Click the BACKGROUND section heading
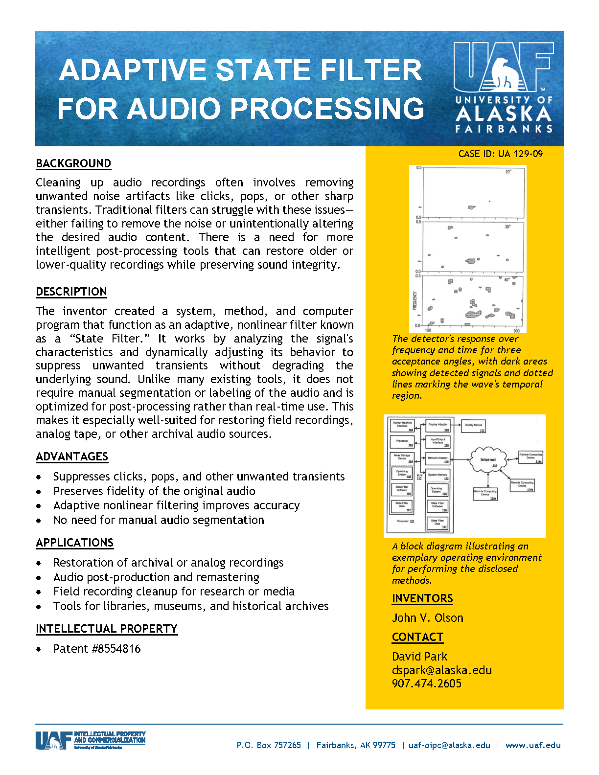73,163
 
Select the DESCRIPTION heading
71,292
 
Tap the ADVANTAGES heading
72,456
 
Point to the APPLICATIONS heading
74,543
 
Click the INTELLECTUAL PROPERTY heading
106,629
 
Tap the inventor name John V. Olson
427,618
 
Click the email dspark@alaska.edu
441,670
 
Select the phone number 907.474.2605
426,684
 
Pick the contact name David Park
419,657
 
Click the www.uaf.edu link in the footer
533,745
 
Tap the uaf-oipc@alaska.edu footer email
449,745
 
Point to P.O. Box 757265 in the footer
269,745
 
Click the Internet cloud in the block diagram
487,459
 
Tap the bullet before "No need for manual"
39,521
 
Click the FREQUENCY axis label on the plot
415,300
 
